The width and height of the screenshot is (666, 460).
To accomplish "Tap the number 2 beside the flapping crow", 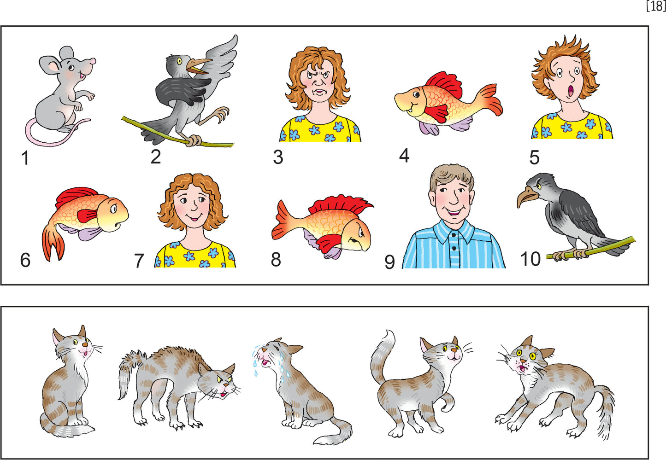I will tap(156, 157).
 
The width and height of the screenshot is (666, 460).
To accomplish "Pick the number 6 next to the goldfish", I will tap(25, 260).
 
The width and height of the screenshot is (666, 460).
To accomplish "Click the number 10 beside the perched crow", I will tap(530, 259).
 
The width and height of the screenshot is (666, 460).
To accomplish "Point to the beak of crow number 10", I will tap(525, 198).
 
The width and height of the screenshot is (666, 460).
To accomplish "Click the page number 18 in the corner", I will tap(655, 6).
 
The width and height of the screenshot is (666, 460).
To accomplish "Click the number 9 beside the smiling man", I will tap(389, 262).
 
